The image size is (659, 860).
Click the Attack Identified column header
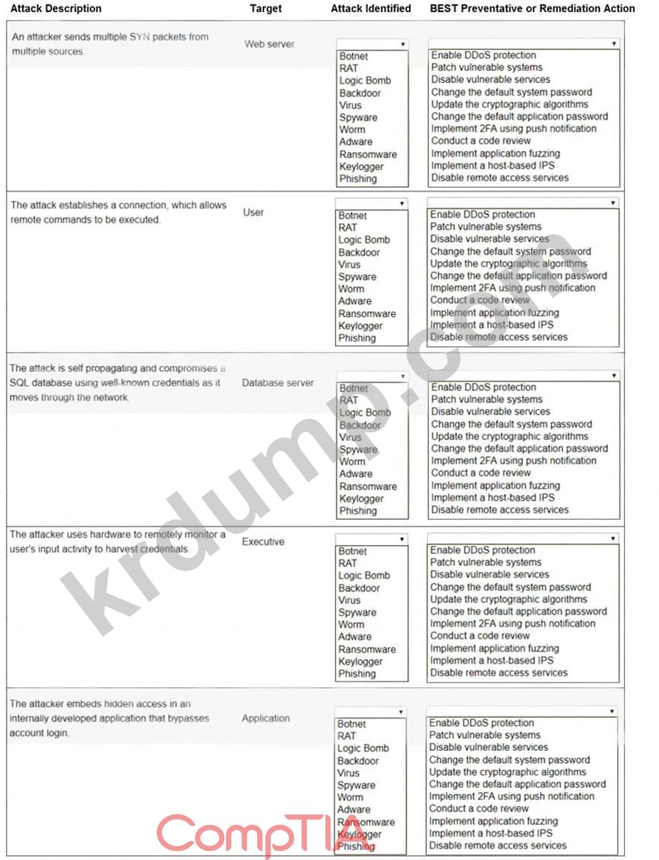(x=371, y=8)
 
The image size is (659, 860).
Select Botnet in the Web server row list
(x=354, y=56)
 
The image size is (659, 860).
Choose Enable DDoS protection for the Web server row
(x=483, y=55)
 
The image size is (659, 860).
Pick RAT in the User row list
(x=348, y=227)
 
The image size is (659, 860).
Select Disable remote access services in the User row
(x=499, y=337)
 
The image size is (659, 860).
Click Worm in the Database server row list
(x=351, y=461)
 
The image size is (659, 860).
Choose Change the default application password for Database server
(x=519, y=448)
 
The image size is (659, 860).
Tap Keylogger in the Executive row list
(x=360, y=661)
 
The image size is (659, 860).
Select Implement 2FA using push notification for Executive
(x=513, y=624)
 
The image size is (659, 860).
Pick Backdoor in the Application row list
(x=358, y=760)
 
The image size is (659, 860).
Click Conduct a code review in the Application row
(x=478, y=808)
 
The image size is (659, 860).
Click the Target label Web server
(x=269, y=44)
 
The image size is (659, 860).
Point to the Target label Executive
(x=263, y=541)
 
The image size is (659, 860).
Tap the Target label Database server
(x=278, y=383)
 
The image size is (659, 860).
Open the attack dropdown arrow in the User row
(x=402, y=203)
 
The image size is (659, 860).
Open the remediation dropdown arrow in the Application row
(x=612, y=711)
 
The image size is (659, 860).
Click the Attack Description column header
(x=57, y=8)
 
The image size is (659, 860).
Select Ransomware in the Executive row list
(x=367, y=649)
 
